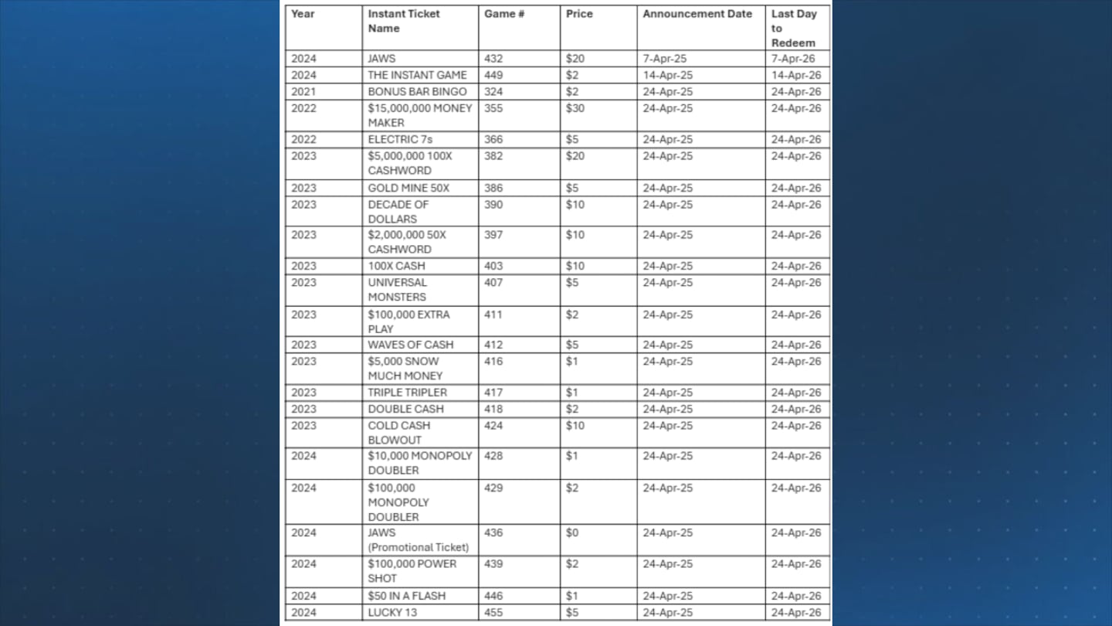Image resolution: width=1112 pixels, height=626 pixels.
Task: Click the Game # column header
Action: (x=504, y=14)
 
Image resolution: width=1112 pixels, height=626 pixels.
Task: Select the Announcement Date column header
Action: (x=697, y=14)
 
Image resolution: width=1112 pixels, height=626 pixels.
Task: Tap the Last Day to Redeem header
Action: (x=793, y=28)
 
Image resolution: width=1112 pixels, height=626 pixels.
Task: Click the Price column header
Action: (x=578, y=14)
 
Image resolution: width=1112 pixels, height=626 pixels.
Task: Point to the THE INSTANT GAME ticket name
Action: (x=417, y=75)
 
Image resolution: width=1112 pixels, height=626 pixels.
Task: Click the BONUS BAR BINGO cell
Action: (x=417, y=91)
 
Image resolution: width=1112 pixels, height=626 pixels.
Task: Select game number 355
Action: (x=493, y=108)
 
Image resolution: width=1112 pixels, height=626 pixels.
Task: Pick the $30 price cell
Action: (x=575, y=108)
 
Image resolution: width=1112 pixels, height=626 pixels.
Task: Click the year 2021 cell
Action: (x=303, y=91)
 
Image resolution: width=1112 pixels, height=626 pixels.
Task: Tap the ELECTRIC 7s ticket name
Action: (x=400, y=140)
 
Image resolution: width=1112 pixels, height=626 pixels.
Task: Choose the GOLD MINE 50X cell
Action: (x=409, y=188)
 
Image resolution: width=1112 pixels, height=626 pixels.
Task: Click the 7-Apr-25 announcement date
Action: (x=665, y=59)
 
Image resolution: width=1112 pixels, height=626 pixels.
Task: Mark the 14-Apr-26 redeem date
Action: (x=796, y=75)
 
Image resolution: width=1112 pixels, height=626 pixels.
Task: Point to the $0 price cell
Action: (x=572, y=532)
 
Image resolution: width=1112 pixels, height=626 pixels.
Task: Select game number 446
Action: (x=493, y=596)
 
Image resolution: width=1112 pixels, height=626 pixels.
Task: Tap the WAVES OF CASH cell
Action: (x=410, y=345)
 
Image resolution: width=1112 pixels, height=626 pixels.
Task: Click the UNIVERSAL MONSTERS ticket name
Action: (x=397, y=290)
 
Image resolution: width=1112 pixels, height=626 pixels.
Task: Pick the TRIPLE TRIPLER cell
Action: (x=407, y=393)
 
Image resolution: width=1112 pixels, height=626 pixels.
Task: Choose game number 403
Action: (x=493, y=266)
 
